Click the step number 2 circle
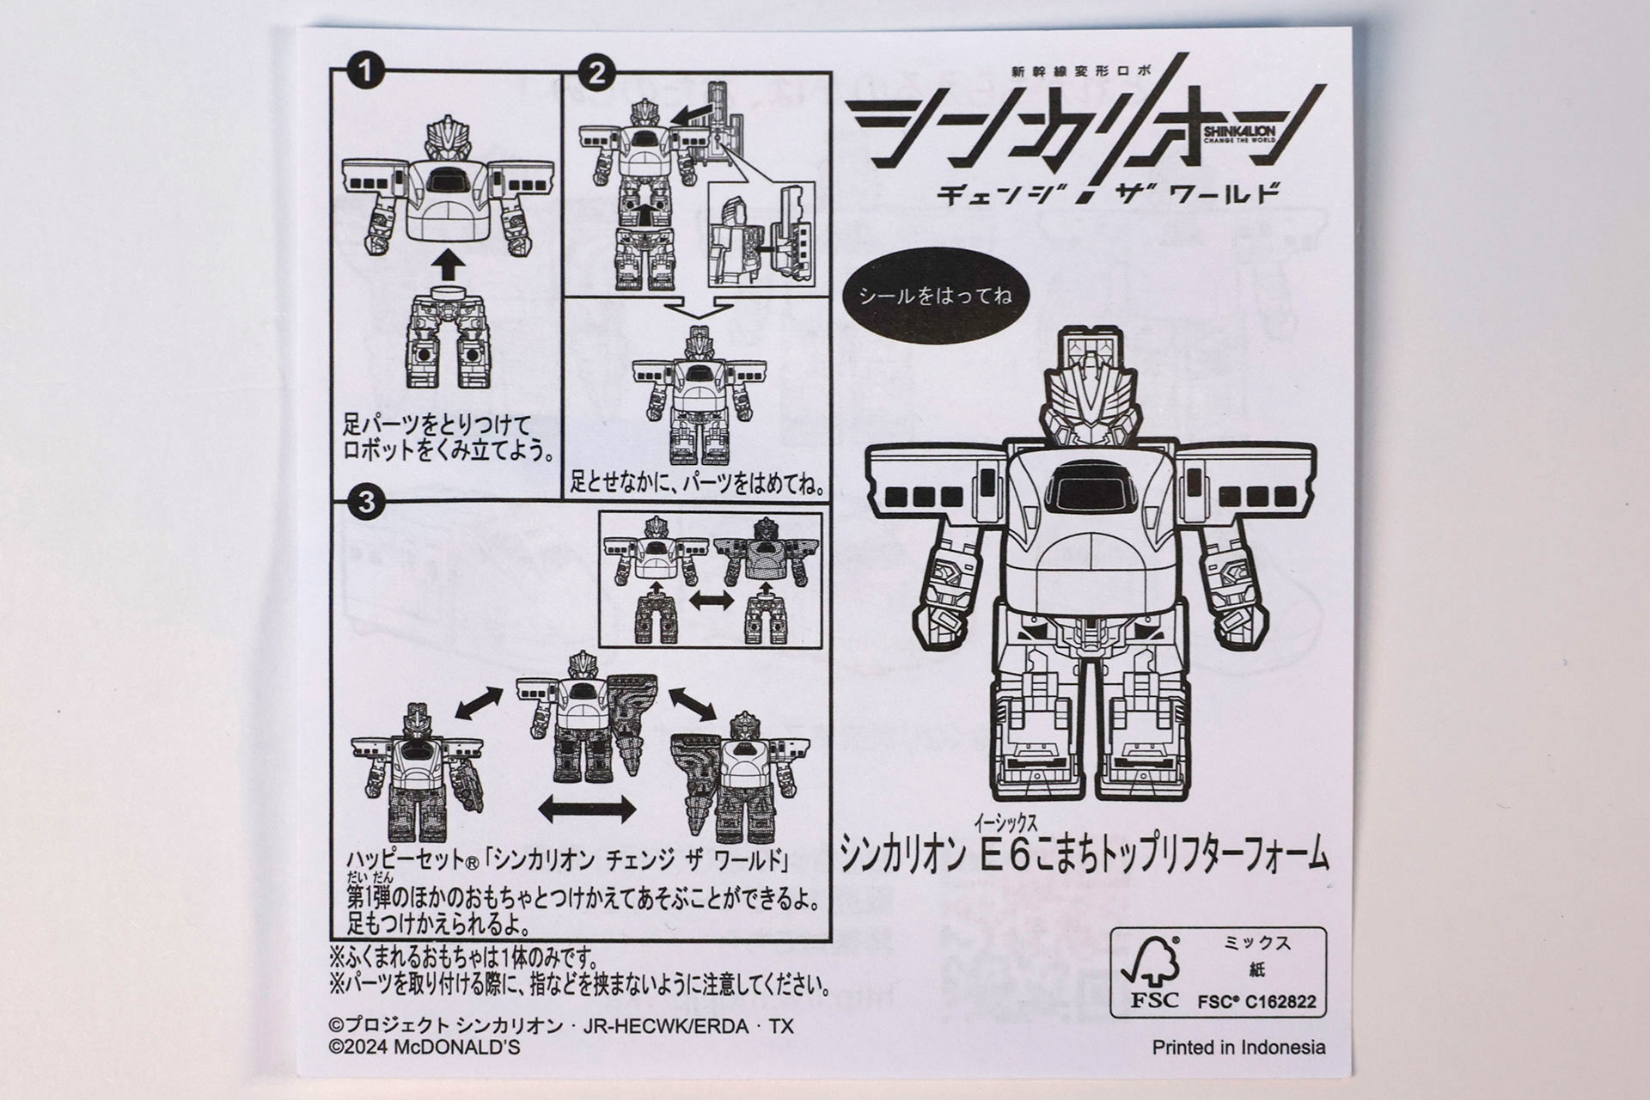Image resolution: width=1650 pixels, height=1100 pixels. (x=596, y=73)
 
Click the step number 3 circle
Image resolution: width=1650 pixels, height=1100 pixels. (x=366, y=501)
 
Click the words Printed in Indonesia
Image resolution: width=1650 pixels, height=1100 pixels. (x=1237, y=1048)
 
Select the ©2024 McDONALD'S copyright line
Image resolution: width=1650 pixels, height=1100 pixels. (x=425, y=1048)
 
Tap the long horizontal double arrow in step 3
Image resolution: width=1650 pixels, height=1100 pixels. (x=587, y=809)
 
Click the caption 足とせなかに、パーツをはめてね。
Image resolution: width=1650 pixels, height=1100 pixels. (x=698, y=484)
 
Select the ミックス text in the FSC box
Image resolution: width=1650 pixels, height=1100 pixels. (x=1256, y=944)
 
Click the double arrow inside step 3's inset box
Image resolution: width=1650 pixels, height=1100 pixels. (x=712, y=601)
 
